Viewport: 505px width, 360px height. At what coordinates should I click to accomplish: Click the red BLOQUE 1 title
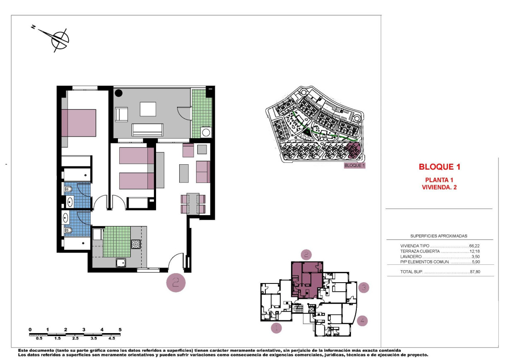(x=439, y=167)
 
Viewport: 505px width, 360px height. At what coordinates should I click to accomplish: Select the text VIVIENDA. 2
(x=439, y=187)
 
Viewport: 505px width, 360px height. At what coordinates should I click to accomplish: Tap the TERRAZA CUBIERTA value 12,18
(x=475, y=251)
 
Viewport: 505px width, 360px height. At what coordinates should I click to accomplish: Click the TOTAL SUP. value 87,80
(x=475, y=272)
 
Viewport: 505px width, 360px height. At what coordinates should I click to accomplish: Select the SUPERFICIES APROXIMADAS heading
(x=439, y=236)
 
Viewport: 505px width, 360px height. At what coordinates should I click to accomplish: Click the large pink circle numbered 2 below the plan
(x=176, y=283)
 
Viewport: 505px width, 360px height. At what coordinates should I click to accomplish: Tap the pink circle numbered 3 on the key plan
(x=363, y=287)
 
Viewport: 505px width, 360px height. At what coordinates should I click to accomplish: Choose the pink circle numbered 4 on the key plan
(x=362, y=320)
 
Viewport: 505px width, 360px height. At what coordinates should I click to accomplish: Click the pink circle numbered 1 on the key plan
(x=276, y=328)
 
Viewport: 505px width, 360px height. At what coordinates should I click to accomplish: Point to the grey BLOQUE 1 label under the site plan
(x=355, y=166)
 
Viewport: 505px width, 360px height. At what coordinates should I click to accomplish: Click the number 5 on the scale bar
(x=120, y=329)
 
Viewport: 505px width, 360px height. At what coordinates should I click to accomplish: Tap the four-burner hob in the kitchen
(x=136, y=244)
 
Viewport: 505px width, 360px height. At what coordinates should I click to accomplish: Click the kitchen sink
(x=121, y=262)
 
